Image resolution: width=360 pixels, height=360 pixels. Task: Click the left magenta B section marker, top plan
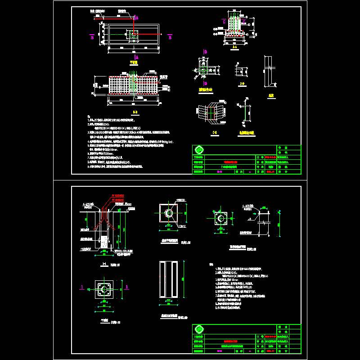point(92,37)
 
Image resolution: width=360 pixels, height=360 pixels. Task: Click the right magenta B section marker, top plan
point(170,37)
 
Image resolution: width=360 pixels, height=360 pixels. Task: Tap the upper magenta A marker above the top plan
point(136,17)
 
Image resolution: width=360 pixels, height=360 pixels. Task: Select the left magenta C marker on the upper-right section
point(224,21)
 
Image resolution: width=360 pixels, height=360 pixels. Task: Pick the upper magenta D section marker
point(205,52)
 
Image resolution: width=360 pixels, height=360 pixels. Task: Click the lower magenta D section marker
point(205,83)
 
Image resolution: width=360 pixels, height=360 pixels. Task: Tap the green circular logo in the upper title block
point(199,150)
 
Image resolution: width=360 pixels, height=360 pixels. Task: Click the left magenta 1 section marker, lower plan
point(82,287)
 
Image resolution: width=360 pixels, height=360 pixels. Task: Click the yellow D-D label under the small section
point(242,84)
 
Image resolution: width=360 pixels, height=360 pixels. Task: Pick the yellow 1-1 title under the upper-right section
point(234,46)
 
